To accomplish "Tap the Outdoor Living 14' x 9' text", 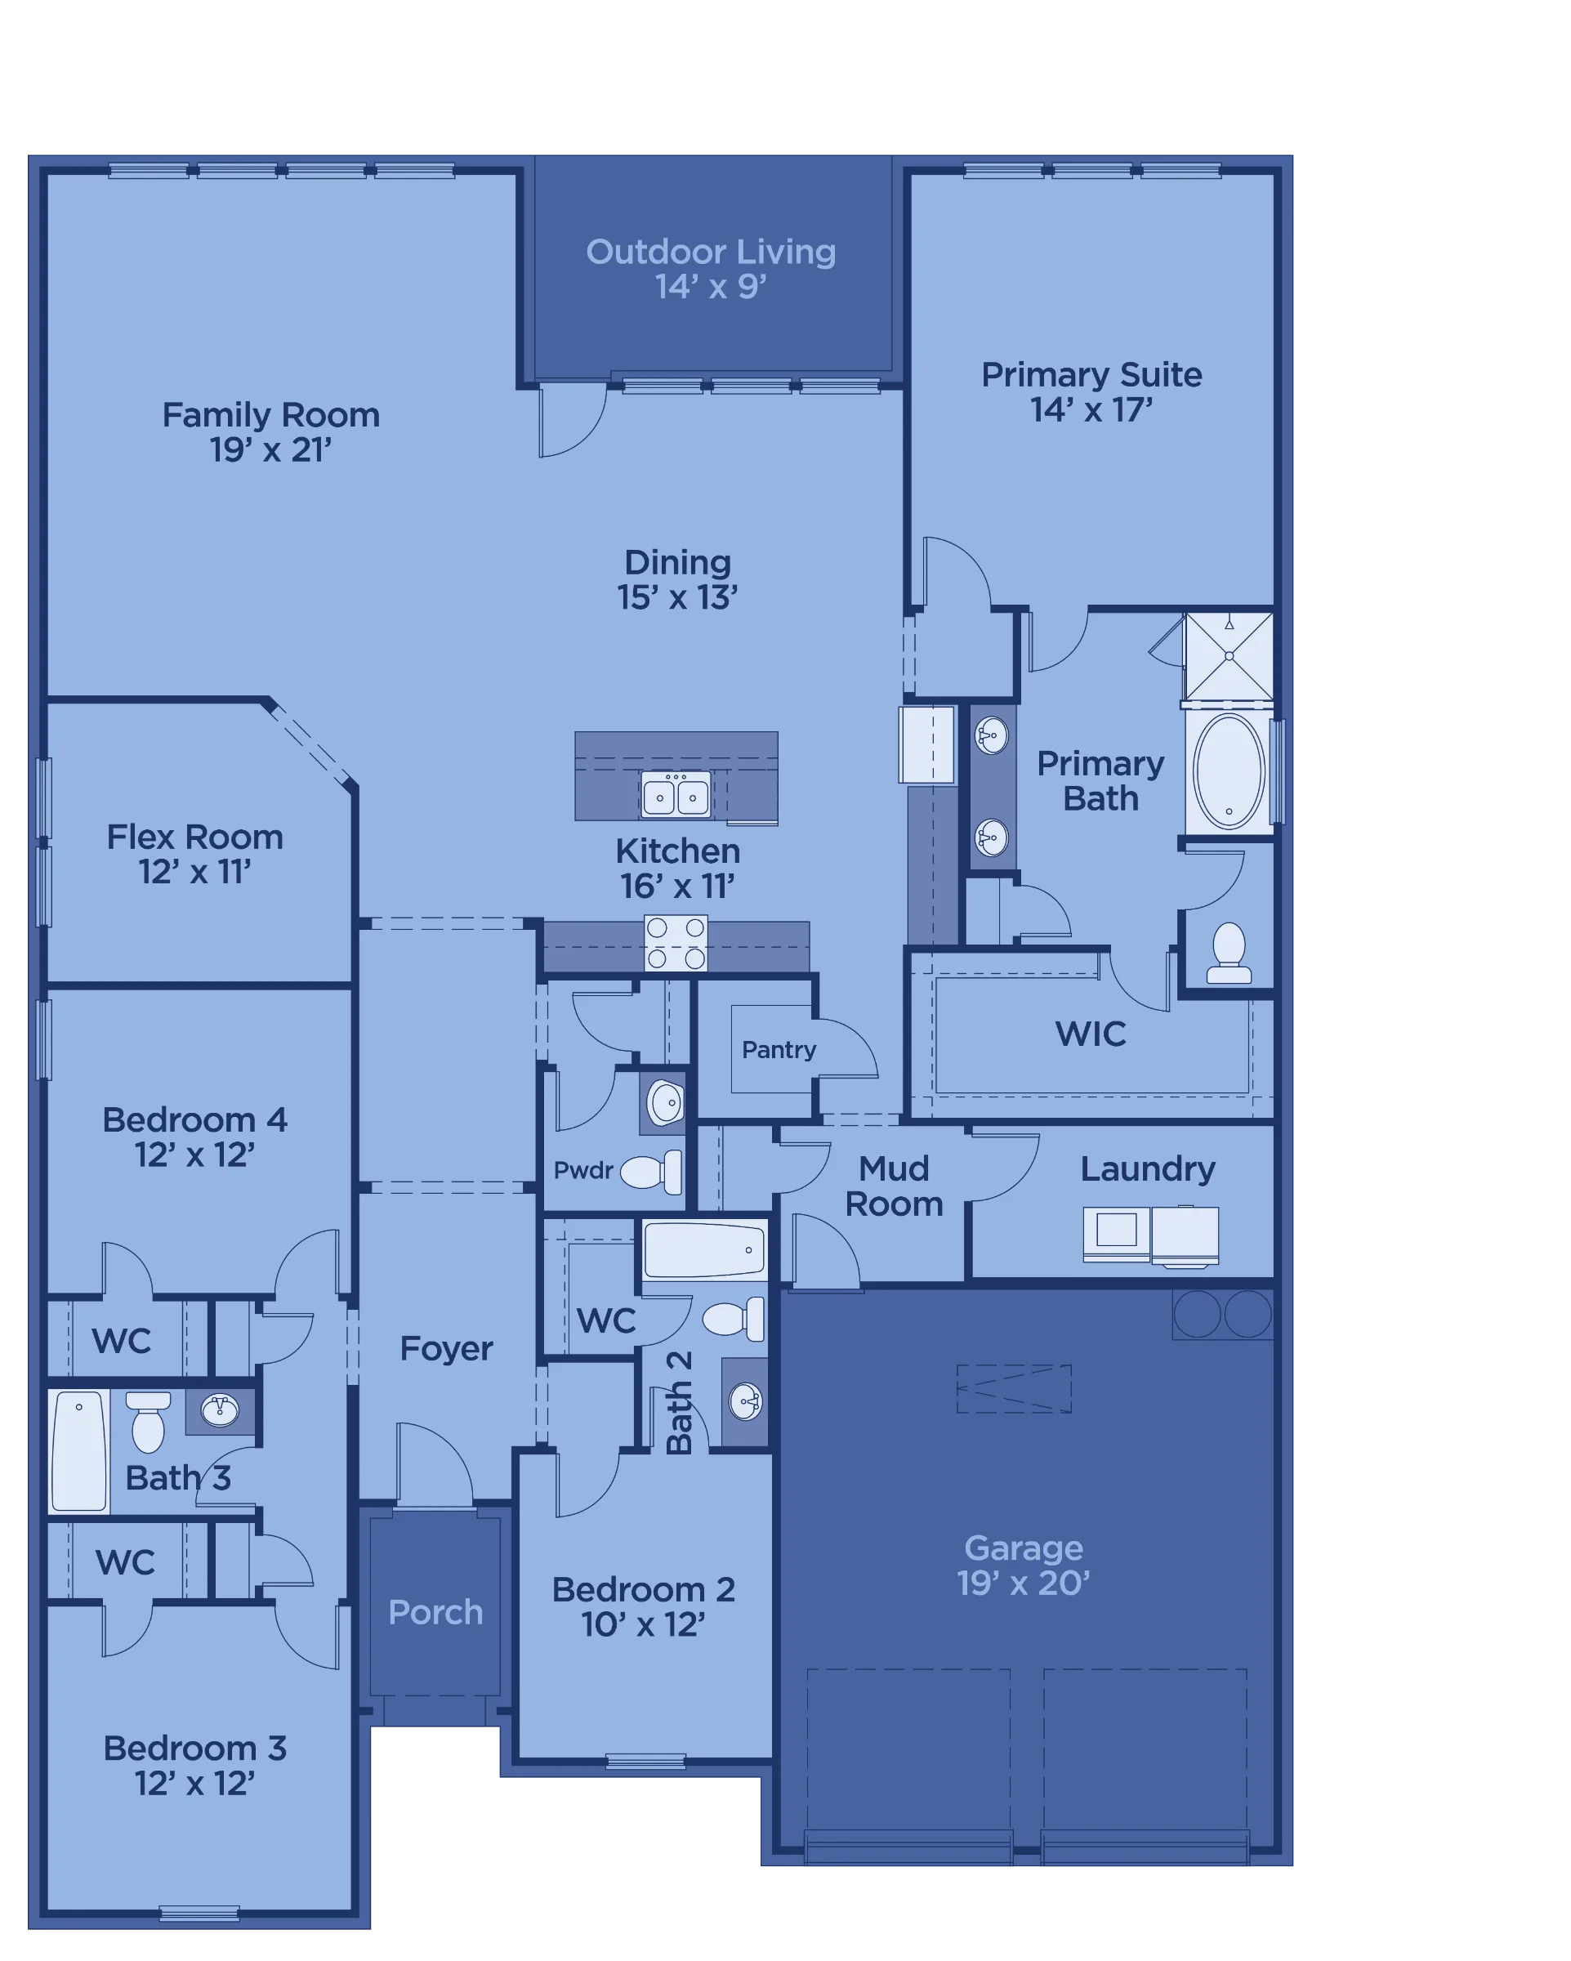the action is coord(711,268).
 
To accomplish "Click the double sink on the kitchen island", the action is coord(675,795).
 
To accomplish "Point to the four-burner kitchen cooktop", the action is coord(675,942).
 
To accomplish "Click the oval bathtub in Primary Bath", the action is coord(1228,771).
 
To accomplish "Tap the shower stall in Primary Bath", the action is coord(1228,656).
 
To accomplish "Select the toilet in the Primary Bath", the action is coord(1228,952).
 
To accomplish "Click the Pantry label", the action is coord(779,1050).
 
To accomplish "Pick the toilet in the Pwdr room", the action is coord(650,1172).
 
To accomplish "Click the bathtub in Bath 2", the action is coord(705,1249).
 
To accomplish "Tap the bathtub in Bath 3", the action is coord(79,1451).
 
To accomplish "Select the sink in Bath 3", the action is coord(219,1409).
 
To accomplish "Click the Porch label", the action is coord(435,1612).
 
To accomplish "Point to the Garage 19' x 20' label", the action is coord(1023,1565).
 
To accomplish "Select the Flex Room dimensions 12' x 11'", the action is coord(194,871).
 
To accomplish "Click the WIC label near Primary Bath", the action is coord(1090,1034).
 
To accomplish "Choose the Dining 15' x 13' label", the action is coord(676,579).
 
